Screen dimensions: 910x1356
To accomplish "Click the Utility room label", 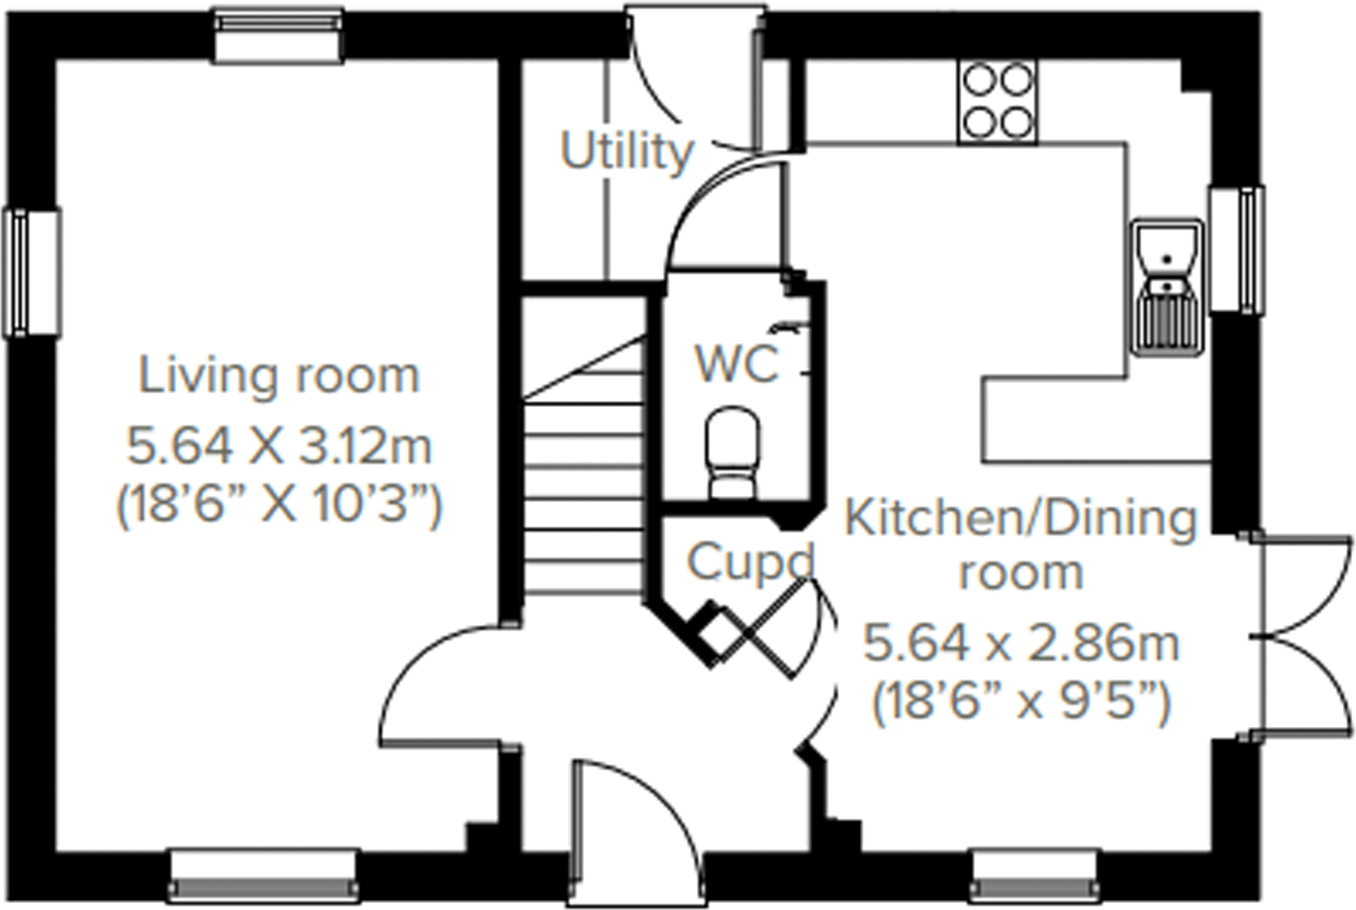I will [626, 151].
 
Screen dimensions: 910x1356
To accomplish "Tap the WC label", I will [736, 364].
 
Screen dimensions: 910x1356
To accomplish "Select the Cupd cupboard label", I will [749, 561].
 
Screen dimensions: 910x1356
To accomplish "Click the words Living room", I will [279, 376].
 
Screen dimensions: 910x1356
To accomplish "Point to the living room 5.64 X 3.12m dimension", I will [279, 448].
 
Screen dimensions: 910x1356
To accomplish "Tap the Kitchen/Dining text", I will [1020, 519].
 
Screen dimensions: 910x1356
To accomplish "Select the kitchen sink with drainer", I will [1167, 287].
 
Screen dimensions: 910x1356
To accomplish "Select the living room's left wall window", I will [31, 272].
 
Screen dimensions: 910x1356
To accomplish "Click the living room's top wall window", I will [279, 35].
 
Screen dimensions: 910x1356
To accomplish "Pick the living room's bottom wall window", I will [263, 877].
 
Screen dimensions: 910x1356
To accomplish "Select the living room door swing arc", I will [444, 685].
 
